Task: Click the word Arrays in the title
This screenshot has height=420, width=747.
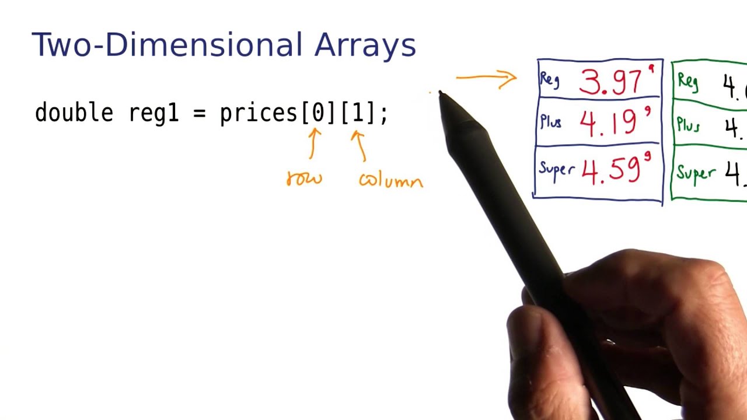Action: [365, 45]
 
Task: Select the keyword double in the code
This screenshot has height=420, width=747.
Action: [74, 113]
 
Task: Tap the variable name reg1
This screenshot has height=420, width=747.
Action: [153, 113]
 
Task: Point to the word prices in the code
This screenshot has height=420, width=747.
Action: [259, 113]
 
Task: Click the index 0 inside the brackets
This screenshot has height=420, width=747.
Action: [318, 113]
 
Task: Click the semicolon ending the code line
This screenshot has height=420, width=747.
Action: [383, 114]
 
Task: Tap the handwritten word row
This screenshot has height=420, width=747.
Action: [304, 178]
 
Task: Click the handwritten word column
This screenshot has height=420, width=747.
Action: [390, 181]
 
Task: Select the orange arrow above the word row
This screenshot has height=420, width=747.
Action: [314, 143]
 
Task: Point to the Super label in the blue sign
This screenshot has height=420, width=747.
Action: [556, 169]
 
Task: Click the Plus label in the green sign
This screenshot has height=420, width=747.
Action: [688, 125]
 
